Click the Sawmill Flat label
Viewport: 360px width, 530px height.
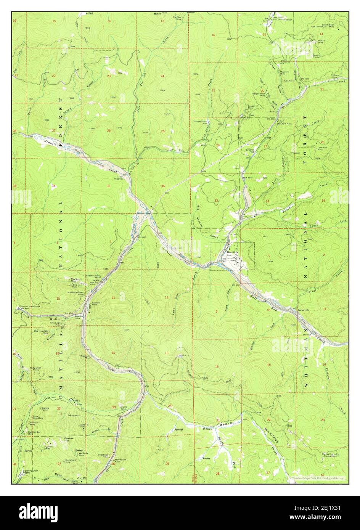pyautogui.click(x=250, y=151)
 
